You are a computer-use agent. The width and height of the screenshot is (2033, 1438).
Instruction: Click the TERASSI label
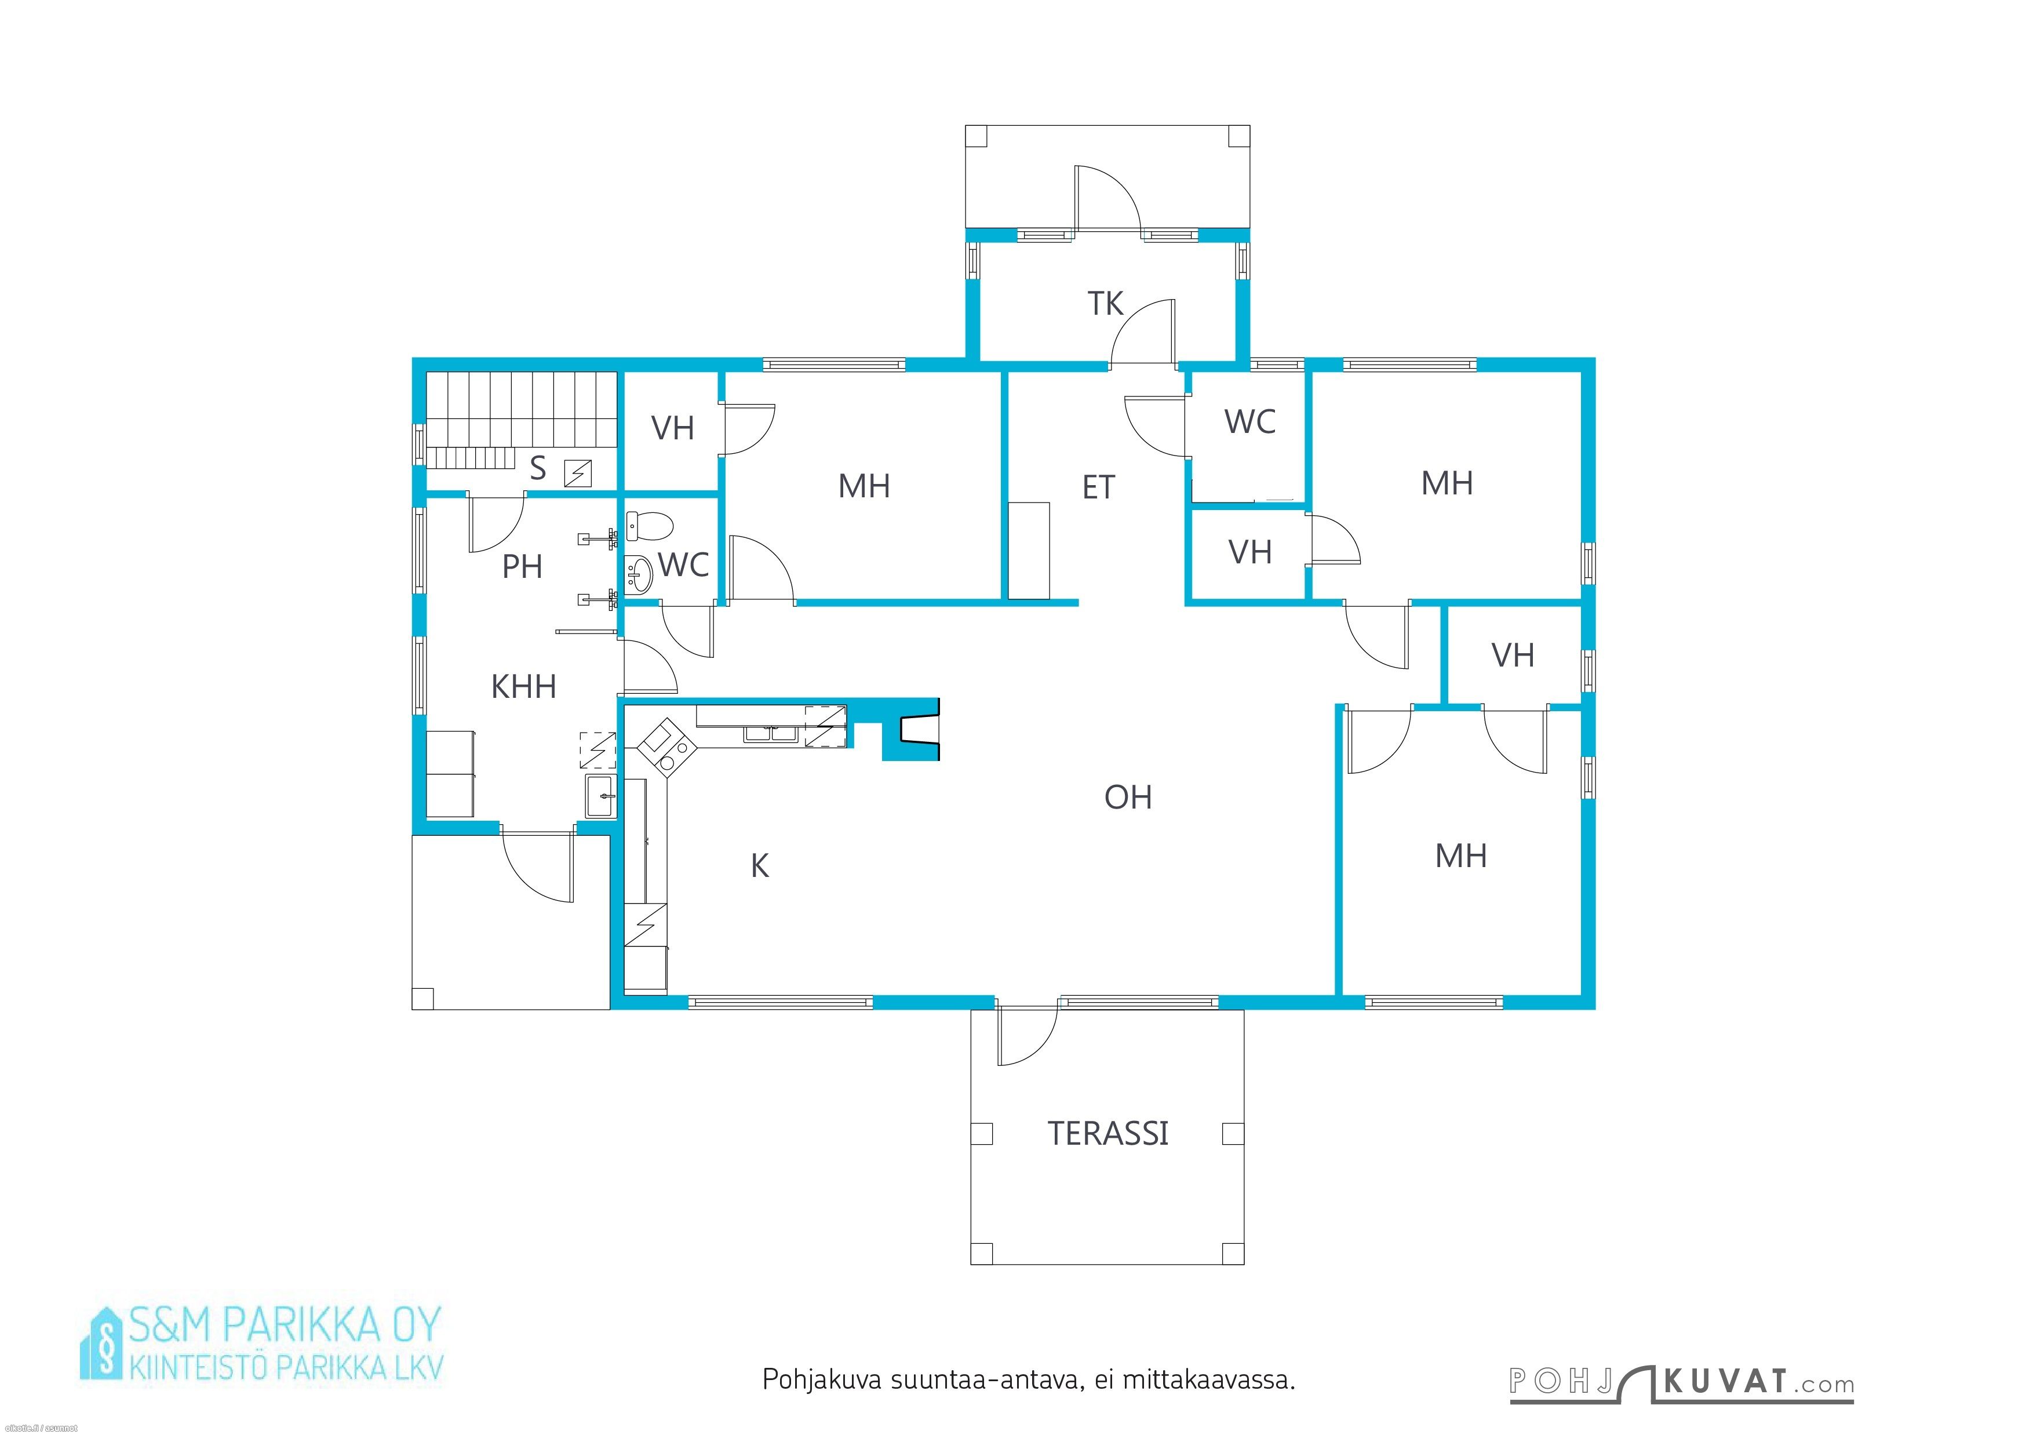click(1107, 1133)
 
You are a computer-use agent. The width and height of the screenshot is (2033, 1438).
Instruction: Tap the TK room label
click(1105, 304)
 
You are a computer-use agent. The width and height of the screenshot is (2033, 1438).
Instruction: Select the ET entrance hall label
click(1098, 487)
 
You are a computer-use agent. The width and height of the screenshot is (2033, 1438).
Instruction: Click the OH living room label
click(1128, 797)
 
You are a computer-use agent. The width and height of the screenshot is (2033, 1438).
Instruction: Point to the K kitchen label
click(760, 866)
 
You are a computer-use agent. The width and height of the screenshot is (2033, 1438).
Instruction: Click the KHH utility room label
click(523, 686)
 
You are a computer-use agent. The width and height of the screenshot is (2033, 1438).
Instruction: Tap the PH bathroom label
click(522, 567)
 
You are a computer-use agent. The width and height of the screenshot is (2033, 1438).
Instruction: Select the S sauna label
click(537, 468)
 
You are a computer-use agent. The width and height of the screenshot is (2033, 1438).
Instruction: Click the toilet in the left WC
click(649, 526)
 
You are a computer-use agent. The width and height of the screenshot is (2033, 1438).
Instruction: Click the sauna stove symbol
click(578, 473)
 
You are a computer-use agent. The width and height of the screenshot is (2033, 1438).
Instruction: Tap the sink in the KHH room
click(602, 795)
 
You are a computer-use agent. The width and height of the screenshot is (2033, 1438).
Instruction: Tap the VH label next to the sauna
click(672, 428)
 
